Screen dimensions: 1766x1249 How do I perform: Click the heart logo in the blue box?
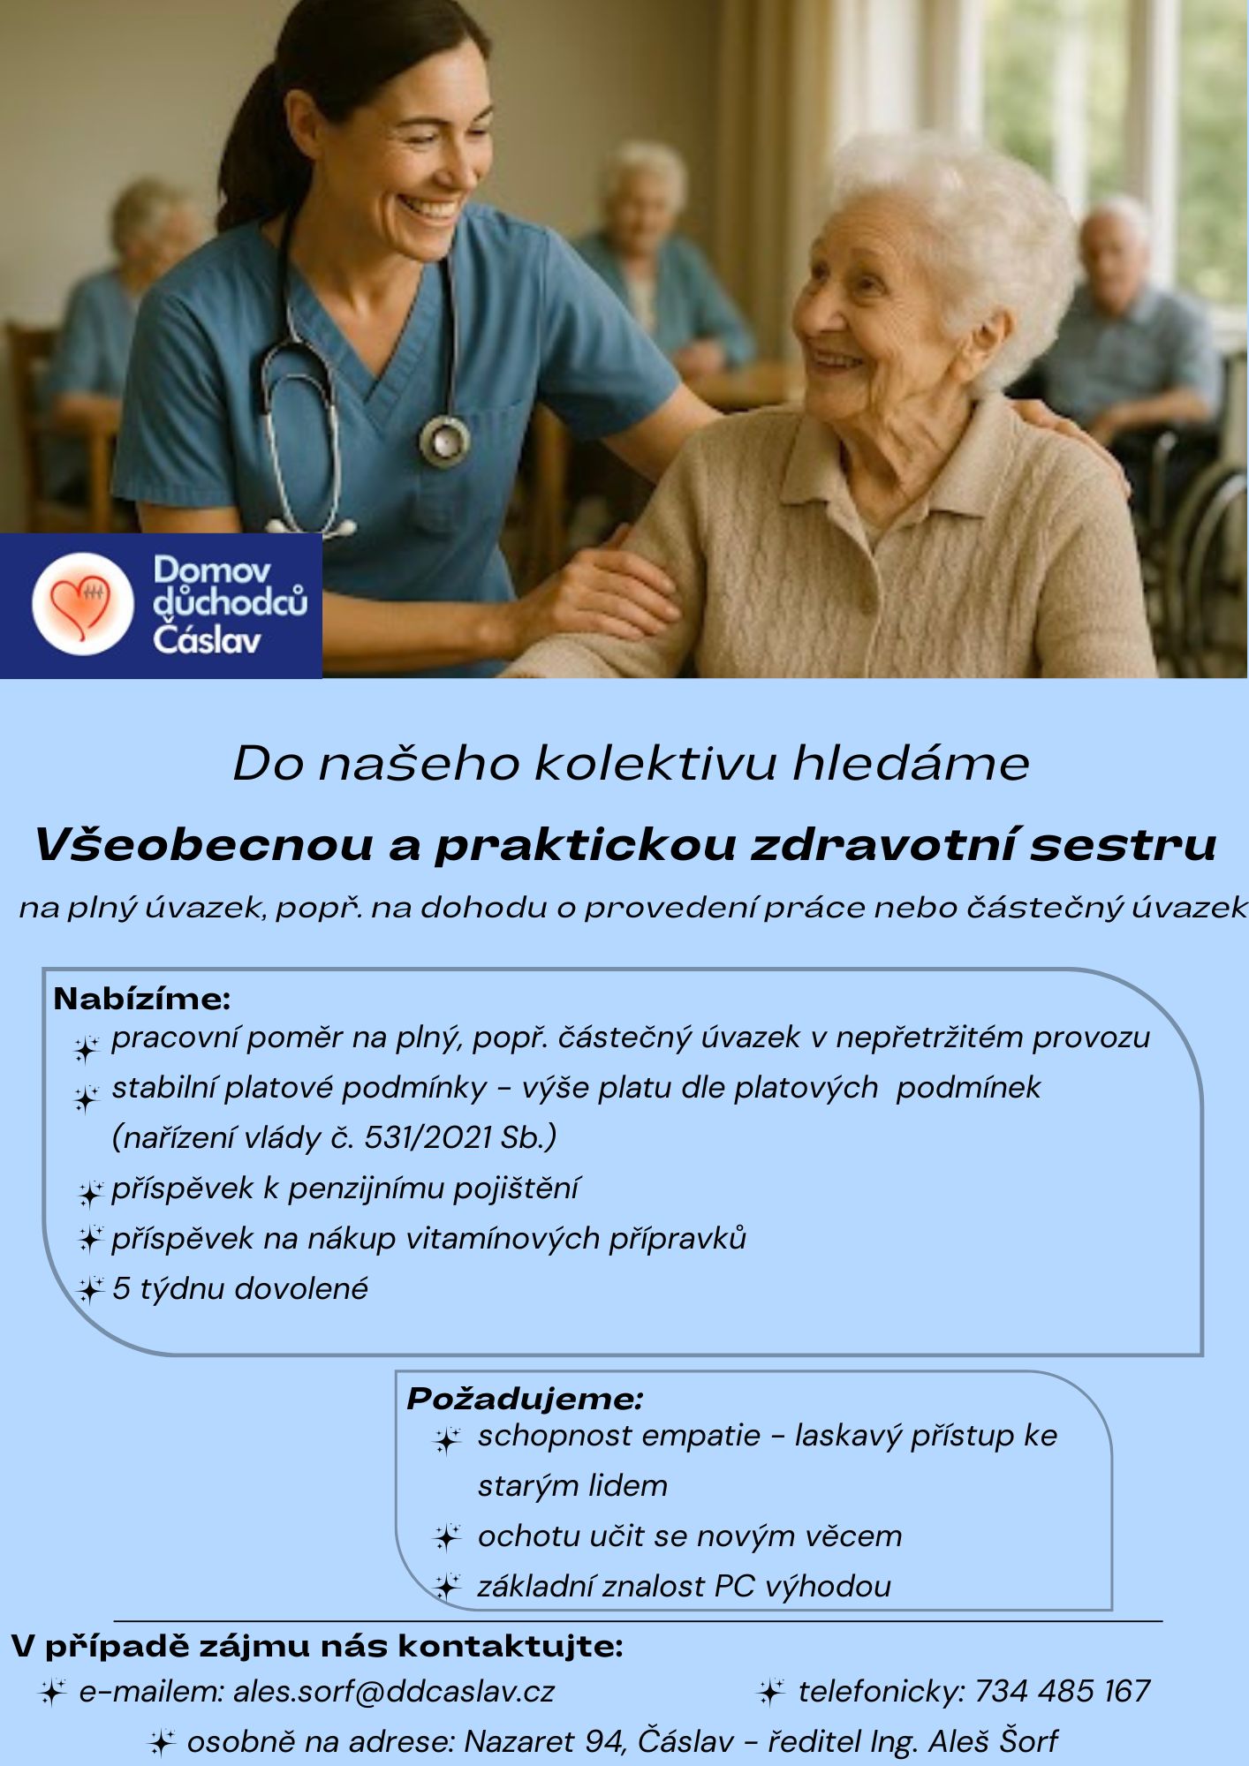click(x=81, y=604)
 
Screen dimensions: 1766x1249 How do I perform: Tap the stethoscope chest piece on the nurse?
click(x=444, y=438)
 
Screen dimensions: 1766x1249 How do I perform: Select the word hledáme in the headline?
click(x=911, y=764)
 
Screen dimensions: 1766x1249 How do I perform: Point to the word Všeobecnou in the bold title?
click(x=204, y=845)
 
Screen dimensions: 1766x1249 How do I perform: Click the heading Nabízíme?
click(x=142, y=999)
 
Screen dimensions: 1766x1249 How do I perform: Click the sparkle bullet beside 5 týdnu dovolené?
click(x=90, y=1290)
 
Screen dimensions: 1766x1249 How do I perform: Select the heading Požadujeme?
click(x=525, y=1399)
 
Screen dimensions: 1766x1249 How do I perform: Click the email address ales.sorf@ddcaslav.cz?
click(x=394, y=1692)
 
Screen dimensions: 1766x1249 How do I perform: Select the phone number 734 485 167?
click(x=1062, y=1692)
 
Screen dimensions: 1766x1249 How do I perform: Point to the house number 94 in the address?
click(x=605, y=1741)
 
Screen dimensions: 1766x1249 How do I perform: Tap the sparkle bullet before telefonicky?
click(x=771, y=1693)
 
